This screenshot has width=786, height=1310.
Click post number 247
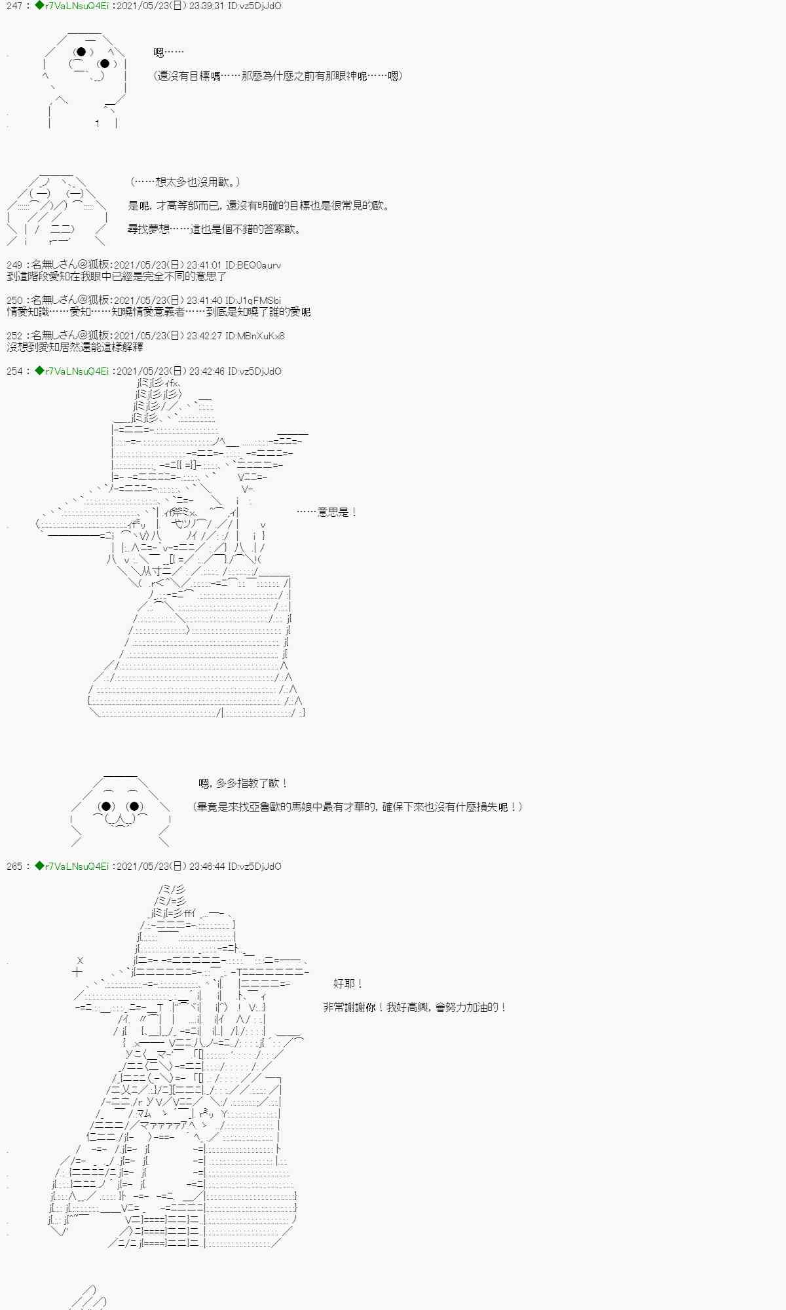(x=14, y=6)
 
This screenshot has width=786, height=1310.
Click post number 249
(x=14, y=265)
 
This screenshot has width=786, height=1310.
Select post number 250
(x=14, y=301)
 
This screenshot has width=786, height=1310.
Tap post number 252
(x=14, y=336)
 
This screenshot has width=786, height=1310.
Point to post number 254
(x=14, y=371)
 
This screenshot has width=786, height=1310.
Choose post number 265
(x=14, y=867)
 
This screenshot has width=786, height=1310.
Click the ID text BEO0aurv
(x=259, y=265)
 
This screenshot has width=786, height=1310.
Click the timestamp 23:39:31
(x=206, y=6)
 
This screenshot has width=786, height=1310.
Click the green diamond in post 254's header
(x=39, y=371)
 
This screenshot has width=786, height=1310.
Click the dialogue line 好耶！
(x=348, y=984)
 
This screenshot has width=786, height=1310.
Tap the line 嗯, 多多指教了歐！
(x=243, y=783)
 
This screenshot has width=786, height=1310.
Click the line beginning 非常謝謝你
(x=415, y=1007)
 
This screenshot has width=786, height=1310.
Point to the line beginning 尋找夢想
(x=214, y=229)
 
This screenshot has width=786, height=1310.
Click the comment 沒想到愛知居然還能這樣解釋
(x=75, y=347)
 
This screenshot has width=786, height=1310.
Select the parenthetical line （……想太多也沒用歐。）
(x=185, y=182)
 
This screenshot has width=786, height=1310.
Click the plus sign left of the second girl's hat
(x=77, y=972)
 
